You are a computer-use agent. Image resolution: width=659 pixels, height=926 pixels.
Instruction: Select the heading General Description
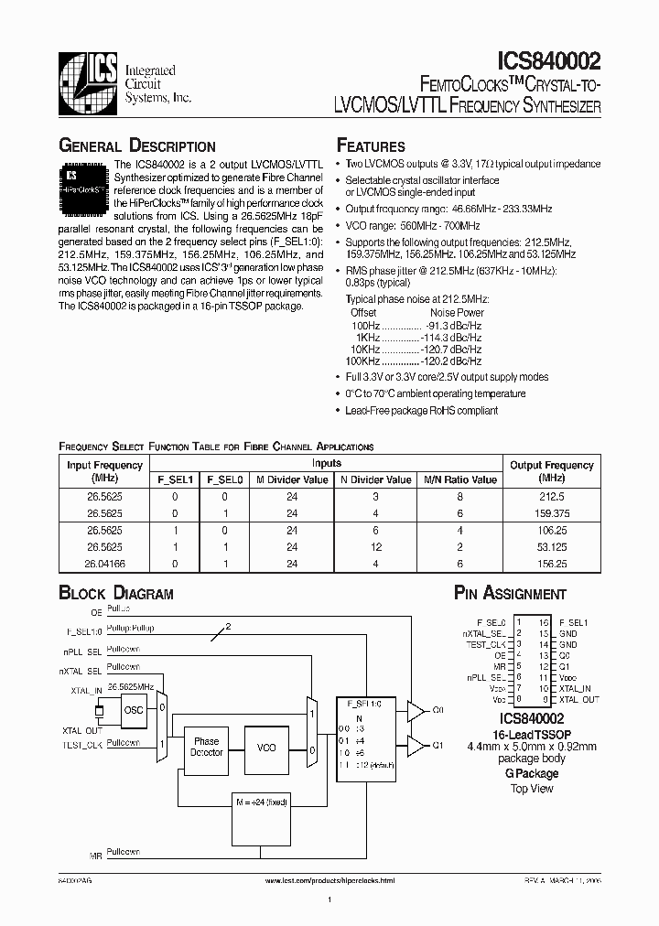pos(137,146)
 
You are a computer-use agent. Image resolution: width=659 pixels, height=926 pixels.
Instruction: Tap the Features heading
pos(371,146)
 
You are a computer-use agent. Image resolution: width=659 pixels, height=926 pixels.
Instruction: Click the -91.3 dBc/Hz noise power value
pos(454,324)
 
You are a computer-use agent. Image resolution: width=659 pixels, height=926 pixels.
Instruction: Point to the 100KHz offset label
pos(363,361)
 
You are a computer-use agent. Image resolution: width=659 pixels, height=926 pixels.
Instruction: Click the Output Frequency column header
pos(551,465)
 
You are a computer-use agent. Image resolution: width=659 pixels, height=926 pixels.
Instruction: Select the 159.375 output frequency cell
pos(551,514)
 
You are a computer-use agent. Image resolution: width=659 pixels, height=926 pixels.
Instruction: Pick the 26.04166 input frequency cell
pos(104,564)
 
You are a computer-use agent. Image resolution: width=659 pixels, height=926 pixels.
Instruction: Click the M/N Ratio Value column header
pos(459,479)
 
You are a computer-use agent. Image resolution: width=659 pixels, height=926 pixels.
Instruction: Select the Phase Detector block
pos(206,747)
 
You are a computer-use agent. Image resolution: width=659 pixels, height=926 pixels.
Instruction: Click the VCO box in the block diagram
pos(265,747)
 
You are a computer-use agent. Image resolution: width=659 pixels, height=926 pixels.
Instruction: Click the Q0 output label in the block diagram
pos(438,710)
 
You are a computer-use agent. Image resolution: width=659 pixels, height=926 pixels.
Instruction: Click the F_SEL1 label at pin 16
pos(574,621)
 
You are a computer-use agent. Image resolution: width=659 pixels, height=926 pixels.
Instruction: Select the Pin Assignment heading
pos(510,594)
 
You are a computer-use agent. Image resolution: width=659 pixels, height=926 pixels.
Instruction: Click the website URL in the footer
pos(329,879)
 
